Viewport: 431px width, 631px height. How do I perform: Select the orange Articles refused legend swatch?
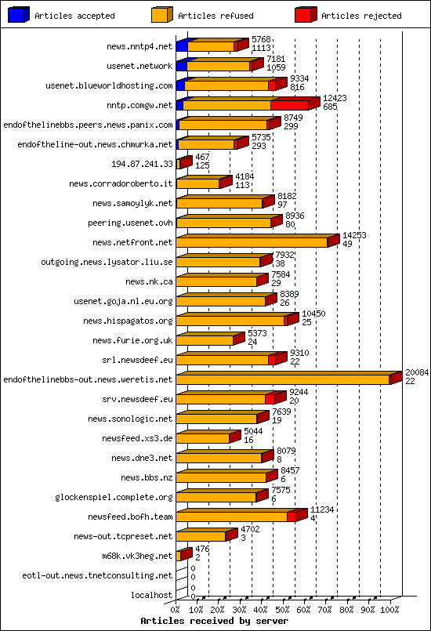(161, 15)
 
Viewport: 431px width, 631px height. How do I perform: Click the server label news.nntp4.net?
(139, 47)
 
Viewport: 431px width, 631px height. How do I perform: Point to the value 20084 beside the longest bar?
(416, 372)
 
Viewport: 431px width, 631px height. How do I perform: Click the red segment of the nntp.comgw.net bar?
(289, 105)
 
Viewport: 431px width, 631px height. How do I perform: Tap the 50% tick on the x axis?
(283, 609)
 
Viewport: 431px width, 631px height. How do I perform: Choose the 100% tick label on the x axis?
(389, 609)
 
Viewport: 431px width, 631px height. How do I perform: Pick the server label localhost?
(151, 596)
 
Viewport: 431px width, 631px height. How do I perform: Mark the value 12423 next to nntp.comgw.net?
(335, 98)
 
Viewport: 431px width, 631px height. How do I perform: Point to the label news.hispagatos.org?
(132, 321)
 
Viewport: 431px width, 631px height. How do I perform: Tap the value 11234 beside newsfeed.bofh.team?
(322, 510)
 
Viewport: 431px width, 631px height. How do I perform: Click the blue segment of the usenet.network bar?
(180, 67)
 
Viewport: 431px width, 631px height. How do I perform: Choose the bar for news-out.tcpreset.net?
(201, 537)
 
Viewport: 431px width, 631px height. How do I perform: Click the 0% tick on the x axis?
(176, 609)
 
